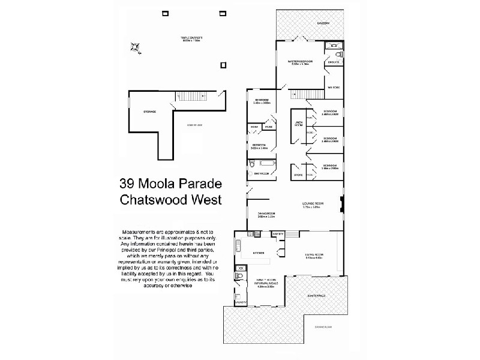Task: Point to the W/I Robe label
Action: [333, 88]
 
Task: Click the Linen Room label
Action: [298, 124]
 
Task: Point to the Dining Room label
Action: [266, 215]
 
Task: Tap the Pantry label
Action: [278, 233]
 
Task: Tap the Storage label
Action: [149, 112]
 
